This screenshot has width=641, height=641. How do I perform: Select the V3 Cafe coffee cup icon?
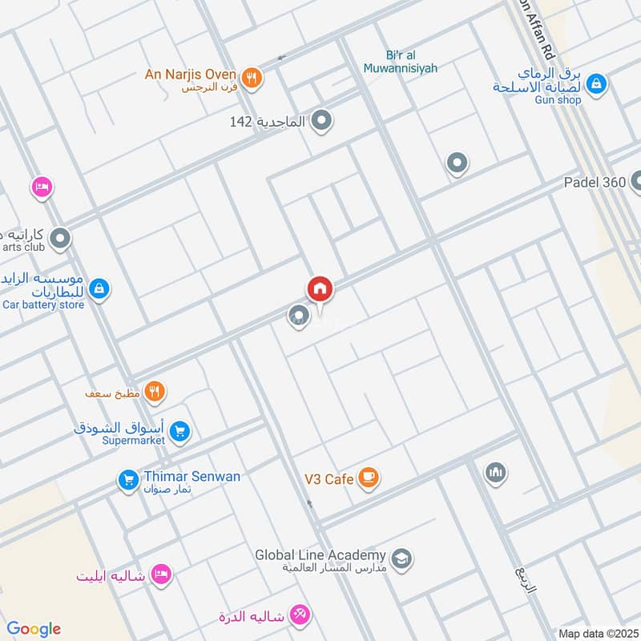[368, 478]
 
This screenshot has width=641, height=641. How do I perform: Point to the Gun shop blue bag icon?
[595, 83]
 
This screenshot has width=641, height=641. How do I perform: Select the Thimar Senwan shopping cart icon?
[127, 480]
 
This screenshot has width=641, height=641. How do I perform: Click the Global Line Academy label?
[320, 554]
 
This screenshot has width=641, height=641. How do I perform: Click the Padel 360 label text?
[594, 182]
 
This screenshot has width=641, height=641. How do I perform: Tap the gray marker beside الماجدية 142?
[322, 121]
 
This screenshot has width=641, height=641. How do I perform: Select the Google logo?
[34, 629]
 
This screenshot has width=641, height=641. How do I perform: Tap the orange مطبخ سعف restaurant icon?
[155, 392]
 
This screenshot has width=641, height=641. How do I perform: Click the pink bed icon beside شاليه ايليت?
[162, 574]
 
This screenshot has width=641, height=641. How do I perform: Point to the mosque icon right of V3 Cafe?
[496, 473]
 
